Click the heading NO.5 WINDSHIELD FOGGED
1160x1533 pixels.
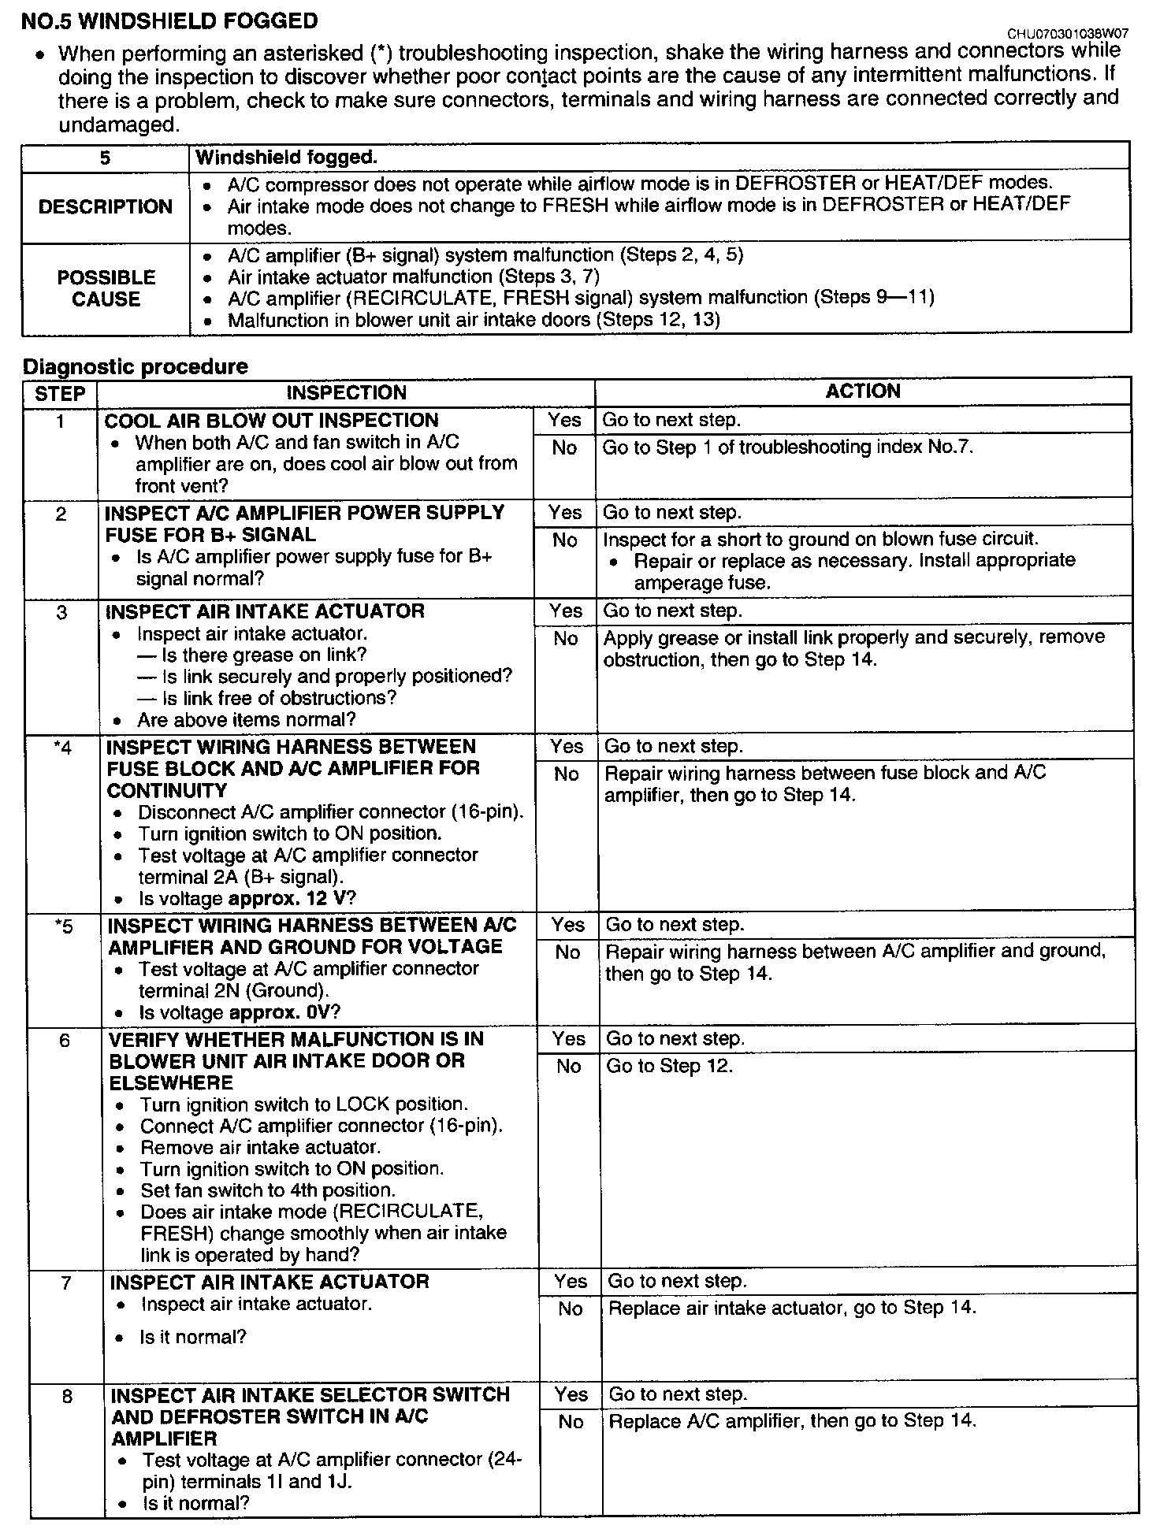[x=169, y=21]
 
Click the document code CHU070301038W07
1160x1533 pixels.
[x=1067, y=34]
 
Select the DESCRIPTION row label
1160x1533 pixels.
[x=106, y=206]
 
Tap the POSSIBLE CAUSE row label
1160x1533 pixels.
[x=106, y=288]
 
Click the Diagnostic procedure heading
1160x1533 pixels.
[x=135, y=366]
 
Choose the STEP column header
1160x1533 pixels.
[x=61, y=393]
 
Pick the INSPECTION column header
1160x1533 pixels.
[x=346, y=392]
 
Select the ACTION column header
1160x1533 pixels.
[x=862, y=392]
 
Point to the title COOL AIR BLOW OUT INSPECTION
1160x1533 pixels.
[x=271, y=421]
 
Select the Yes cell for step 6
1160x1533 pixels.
[x=568, y=1039]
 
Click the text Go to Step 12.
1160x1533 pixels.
[x=669, y=1067]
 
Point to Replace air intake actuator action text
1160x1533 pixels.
[x=792, y=1308]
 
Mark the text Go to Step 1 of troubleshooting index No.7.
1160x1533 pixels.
[x=788, y=447]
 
